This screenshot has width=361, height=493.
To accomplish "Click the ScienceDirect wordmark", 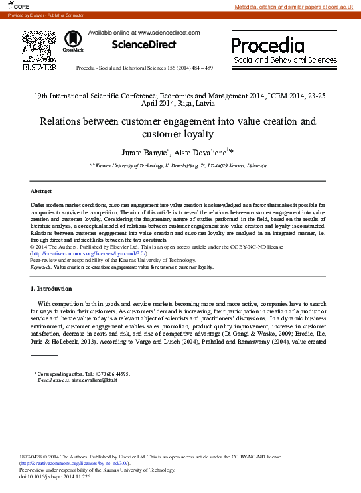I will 143,45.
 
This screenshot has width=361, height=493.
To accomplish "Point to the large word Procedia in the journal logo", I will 267,46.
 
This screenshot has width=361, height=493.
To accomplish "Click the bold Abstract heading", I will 41,191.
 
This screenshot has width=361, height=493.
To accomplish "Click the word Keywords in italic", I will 41,267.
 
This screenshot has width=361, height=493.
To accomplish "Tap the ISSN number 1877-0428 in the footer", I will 35,457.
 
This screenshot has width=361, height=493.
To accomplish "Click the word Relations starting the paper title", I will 62,121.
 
